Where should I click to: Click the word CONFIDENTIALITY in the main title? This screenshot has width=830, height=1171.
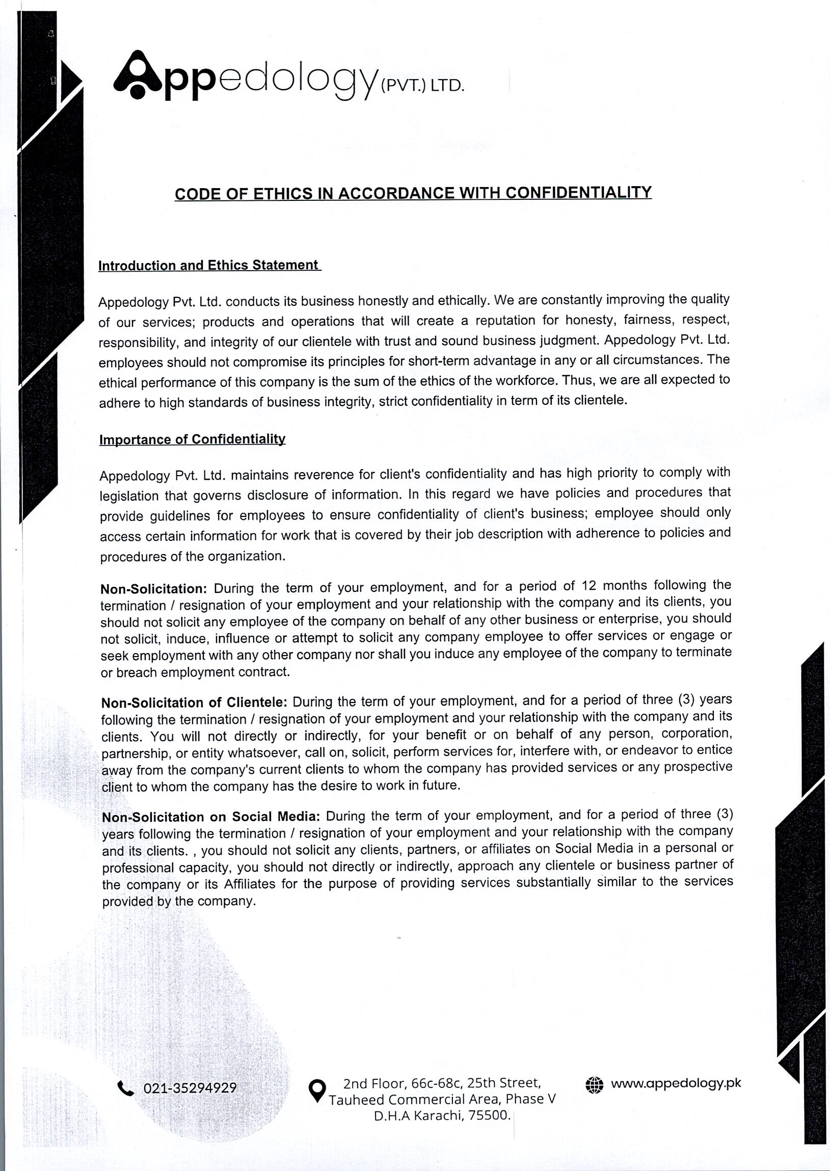pyautogui.click(x=578, y=193)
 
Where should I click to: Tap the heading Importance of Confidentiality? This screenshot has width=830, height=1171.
pyautogui.click(x=192, y=440)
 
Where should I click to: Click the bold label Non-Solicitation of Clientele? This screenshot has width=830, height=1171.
pyautogui.click(x=194, y=702)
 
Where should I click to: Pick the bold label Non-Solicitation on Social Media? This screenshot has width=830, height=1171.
pyautogui.click(x=210, y=817)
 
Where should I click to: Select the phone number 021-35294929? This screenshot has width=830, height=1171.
pyautogui.click(x=190, y=1088)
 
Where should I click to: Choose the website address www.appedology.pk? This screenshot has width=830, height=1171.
pyautogui.click(x=676, y=1083)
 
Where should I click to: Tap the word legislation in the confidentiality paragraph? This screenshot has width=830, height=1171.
pyautogui.click(x=129, y=496)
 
